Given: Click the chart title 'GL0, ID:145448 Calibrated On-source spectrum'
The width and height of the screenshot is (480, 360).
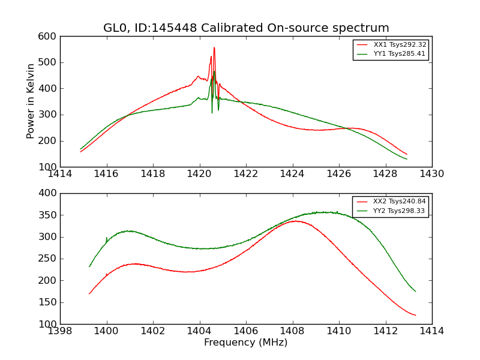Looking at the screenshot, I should pos(246,28).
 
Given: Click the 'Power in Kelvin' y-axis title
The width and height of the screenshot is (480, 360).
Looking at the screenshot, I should pos(31,101).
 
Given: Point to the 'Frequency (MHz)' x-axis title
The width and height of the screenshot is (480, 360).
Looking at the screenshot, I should pos(246,343).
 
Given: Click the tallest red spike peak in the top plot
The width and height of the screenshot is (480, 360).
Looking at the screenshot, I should pos(214,47).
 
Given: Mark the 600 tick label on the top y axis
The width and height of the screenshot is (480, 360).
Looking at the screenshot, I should pos(49,36).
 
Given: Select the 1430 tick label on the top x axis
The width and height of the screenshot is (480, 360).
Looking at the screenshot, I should pos(431,174).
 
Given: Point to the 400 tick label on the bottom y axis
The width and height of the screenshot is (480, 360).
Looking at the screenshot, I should pos(49,193).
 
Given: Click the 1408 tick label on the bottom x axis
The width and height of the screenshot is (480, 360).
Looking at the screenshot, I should pos(293,331).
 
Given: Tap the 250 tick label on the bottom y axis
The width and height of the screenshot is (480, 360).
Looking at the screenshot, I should pos(49,259).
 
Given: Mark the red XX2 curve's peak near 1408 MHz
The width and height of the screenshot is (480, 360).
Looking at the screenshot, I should pos(294,221).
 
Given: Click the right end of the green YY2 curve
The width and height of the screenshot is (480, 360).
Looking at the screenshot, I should pos(415,291).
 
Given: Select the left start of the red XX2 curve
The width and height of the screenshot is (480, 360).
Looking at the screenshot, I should pos(89,294).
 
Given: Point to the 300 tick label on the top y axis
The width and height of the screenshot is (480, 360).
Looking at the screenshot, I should pos(49,115).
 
